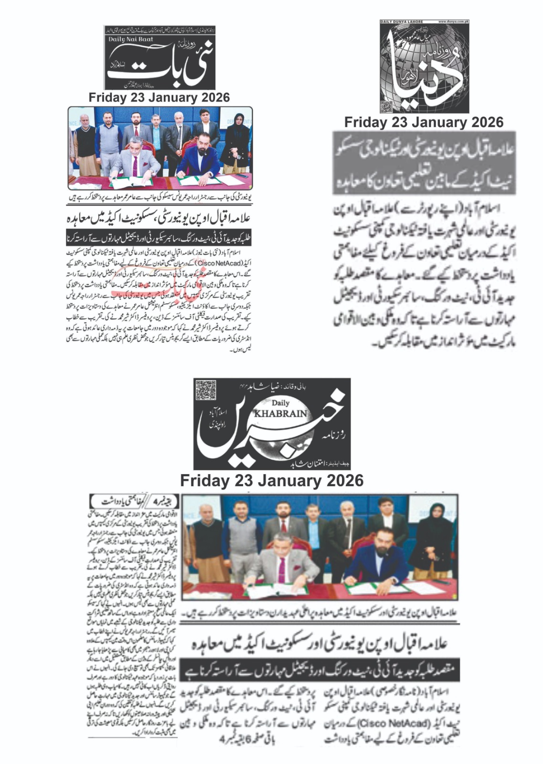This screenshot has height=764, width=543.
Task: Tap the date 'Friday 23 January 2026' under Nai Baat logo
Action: (159, 97)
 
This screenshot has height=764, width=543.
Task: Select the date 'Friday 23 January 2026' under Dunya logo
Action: (424, 122)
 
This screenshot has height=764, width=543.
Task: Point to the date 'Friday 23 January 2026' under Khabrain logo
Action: (272, 480)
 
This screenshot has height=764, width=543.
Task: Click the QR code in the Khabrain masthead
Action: (205, 390)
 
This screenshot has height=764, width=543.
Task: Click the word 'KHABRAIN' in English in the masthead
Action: (280, 414)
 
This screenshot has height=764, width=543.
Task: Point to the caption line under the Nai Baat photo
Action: (160, 196)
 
